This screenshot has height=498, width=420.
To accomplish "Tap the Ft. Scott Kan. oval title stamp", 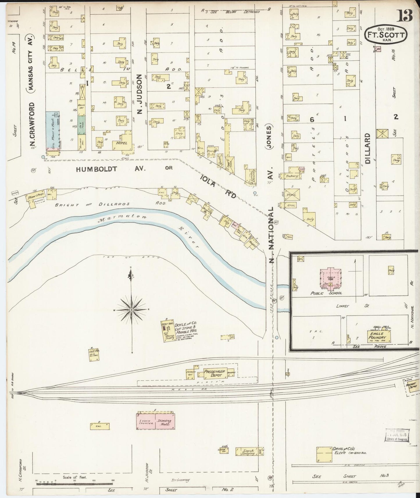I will click(385, 35).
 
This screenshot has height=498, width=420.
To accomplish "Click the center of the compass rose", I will click(131, 310).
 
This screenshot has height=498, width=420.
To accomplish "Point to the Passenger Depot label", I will click(215, 373).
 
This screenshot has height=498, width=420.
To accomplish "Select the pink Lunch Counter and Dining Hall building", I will click(156, 421).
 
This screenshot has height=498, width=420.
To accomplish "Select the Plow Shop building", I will click(36, 198).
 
